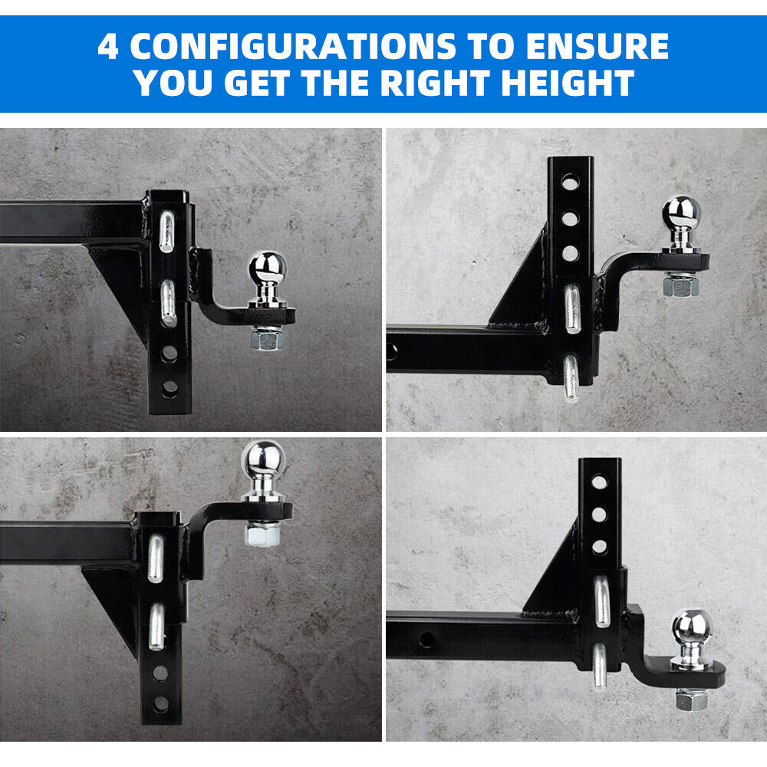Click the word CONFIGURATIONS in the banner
293,47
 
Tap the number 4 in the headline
108,47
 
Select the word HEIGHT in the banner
568,83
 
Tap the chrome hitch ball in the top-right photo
681,222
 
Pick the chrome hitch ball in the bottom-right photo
693,636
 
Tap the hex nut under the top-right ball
680,285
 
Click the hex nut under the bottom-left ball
262,533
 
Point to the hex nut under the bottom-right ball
692,699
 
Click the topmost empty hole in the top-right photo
569,184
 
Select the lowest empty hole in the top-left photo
170,387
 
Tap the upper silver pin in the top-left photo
166,232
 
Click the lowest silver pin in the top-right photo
571,378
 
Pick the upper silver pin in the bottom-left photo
156,558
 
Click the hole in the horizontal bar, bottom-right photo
426,638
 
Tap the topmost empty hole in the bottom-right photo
599,482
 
